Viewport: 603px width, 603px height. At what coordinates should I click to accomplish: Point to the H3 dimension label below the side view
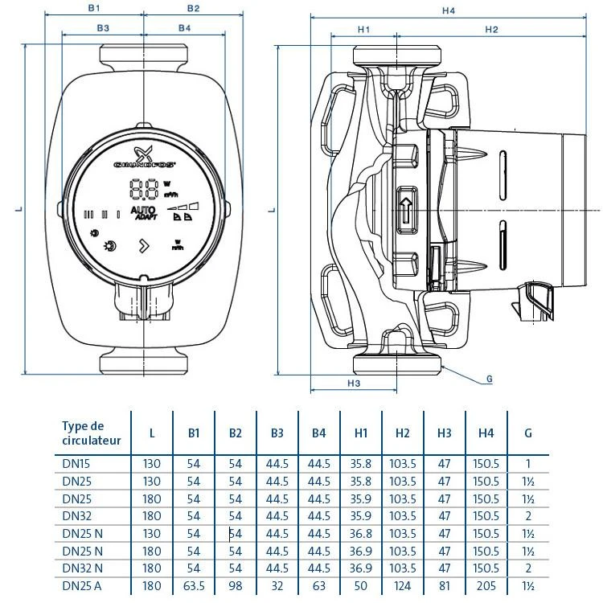pos(353,384)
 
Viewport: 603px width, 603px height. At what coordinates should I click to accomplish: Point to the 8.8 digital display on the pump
pos(142,190)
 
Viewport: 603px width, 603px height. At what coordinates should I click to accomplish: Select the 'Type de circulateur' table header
pos(92,433)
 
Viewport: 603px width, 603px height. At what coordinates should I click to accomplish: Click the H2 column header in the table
pos(402,433)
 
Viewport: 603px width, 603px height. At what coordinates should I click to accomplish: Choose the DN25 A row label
pos(81,586)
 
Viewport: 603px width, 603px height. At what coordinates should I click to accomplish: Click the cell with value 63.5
pos(194,586)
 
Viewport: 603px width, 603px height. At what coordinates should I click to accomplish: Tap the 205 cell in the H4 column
pos(486,586)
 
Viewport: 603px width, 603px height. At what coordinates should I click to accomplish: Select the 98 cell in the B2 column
pos(235,586)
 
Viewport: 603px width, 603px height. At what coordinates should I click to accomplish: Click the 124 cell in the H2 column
pos(402,586)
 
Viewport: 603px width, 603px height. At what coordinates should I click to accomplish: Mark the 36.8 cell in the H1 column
pos(360,533)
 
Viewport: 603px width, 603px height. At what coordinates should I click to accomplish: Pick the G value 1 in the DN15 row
pos(527,463)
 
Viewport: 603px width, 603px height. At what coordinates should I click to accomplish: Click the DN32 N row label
pos(82,568)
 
